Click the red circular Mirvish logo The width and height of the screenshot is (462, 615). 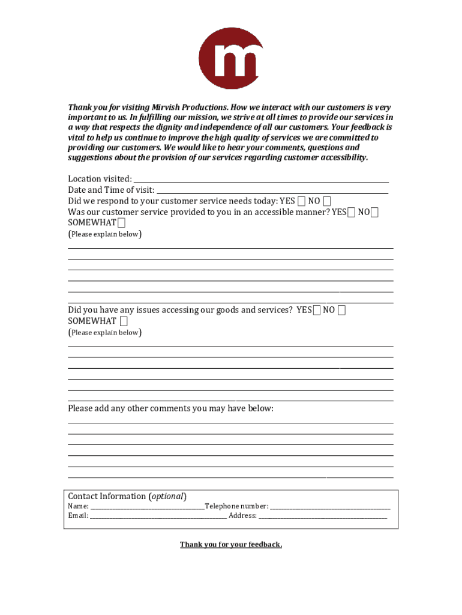click(231, 58)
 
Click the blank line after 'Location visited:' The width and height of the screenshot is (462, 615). click(261, 180)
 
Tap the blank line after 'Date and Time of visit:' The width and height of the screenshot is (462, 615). click(272, 190)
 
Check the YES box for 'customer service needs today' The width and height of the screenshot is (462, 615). click(301, 201)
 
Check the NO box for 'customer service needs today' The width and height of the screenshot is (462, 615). click(326, 201)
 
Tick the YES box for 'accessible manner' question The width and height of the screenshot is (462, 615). click(351, 212)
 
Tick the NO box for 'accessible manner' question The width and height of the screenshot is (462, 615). click(374, 212)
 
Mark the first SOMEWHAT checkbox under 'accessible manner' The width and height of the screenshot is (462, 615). click(122, 223)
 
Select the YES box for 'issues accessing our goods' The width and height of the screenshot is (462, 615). click(316, 310)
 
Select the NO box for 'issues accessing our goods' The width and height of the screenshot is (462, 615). click(341, 310)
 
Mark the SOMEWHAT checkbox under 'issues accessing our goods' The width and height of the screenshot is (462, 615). click(123, 321)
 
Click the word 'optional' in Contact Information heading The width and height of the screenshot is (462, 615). click(168, 496)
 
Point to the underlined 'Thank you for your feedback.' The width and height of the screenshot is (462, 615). click(231, 545)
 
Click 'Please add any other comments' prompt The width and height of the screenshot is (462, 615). click(170, 408)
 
